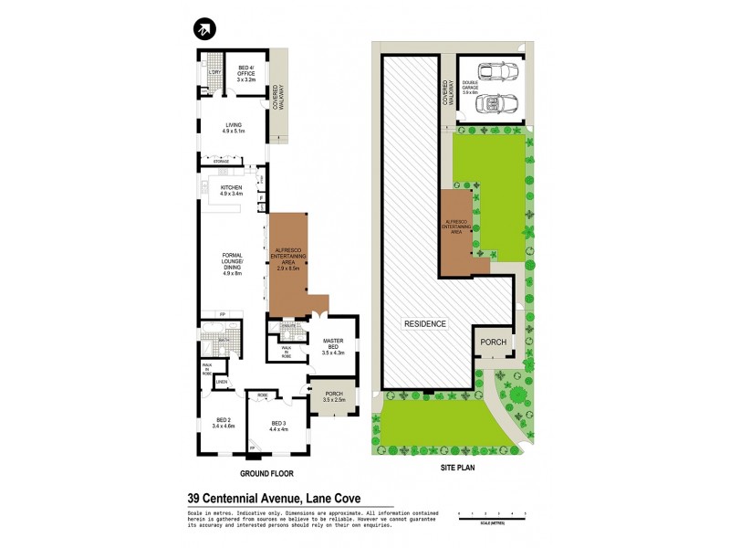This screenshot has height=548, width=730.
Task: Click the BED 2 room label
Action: pos(224,424)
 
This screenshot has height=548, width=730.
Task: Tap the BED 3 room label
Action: pos(278,425)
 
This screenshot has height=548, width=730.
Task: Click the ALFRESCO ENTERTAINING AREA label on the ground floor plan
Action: pos(289,258)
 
